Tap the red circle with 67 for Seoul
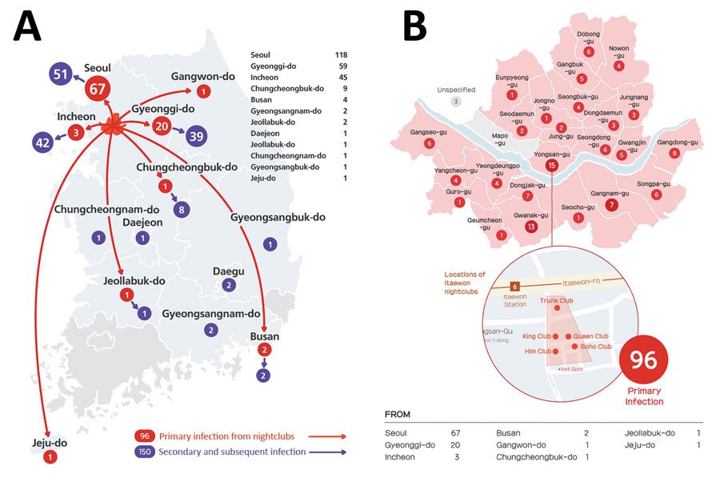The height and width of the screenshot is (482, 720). click(98, 89)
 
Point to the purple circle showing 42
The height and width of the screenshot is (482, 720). click(45, 143)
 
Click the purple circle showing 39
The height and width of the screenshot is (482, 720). click(195, 135)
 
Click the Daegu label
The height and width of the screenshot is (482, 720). click(228, 271)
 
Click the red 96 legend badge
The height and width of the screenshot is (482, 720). click(145, 436)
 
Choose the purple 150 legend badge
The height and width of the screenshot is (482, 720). click(145, 452)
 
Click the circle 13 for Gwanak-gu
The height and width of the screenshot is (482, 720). click(530, 227)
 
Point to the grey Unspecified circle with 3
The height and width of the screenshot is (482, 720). click(456, 101)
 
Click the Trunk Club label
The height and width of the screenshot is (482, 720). click(557, 300)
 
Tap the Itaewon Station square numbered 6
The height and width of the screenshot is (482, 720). click(515, 286)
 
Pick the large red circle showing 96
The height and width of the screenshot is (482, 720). click(645, 359)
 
